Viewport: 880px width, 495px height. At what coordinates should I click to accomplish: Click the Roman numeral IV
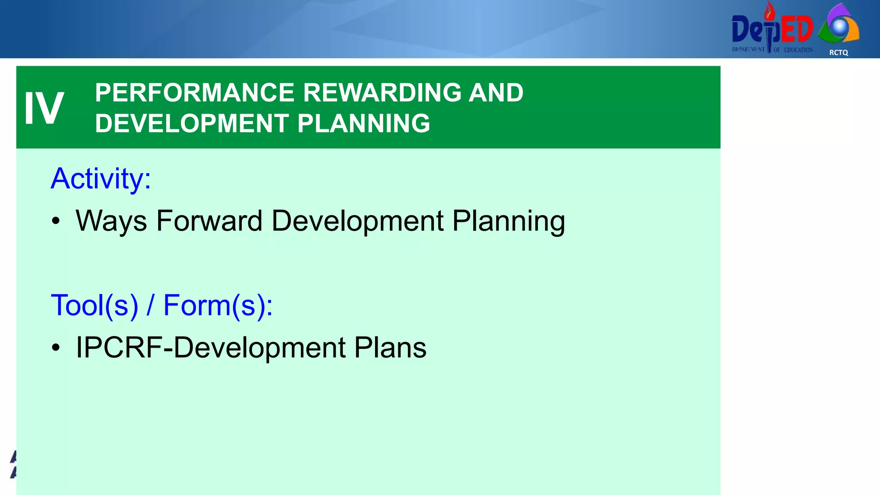click(44, 108)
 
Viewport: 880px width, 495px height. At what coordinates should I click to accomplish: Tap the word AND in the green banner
click(496, 93)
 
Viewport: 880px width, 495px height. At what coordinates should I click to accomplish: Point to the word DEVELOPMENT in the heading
click(192, 124)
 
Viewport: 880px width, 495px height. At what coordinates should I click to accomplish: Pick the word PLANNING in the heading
click(364, 124)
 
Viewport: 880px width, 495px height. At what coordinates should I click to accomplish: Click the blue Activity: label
click(101, 178)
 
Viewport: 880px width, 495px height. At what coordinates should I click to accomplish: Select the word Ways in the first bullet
click(111, 221)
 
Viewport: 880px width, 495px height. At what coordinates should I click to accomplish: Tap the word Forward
click(209, 221)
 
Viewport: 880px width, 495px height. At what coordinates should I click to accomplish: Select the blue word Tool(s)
click(95, 306)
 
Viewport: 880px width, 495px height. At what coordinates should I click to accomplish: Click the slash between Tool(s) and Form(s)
click(150, 306)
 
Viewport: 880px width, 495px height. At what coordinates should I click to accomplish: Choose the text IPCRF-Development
click(211, 348)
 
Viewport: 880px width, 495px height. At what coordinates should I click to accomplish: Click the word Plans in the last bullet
click(390, 348)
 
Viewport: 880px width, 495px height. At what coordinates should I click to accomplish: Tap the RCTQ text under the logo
click(838, 52)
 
